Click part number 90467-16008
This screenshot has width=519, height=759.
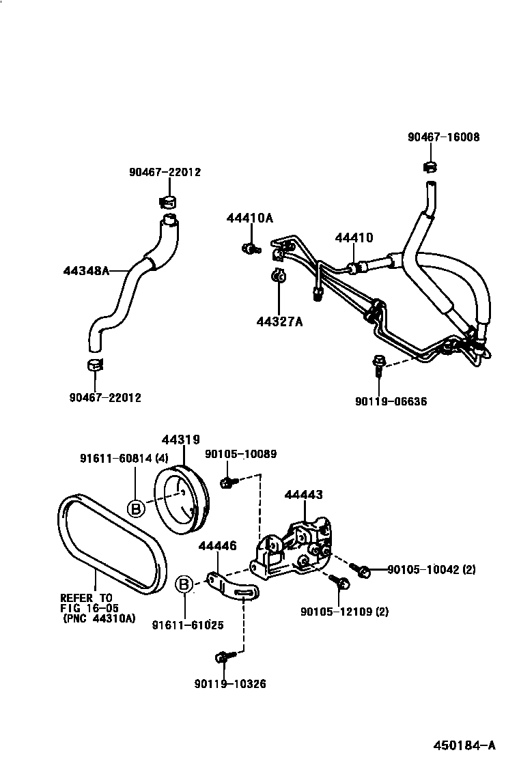pos(443,137)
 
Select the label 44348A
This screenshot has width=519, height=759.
pos(87,271)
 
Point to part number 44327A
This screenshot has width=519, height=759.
pos(279,320)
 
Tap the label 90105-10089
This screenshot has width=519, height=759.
pos(241,455)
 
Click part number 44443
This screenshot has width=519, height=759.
pos(304,495)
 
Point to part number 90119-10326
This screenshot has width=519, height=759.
pos(229,683)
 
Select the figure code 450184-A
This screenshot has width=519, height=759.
pos(465,744)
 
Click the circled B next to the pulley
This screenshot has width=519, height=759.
pos(136,508)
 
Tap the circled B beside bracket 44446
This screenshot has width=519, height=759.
pos(183,585)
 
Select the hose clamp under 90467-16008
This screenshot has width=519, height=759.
pos(430,166)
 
